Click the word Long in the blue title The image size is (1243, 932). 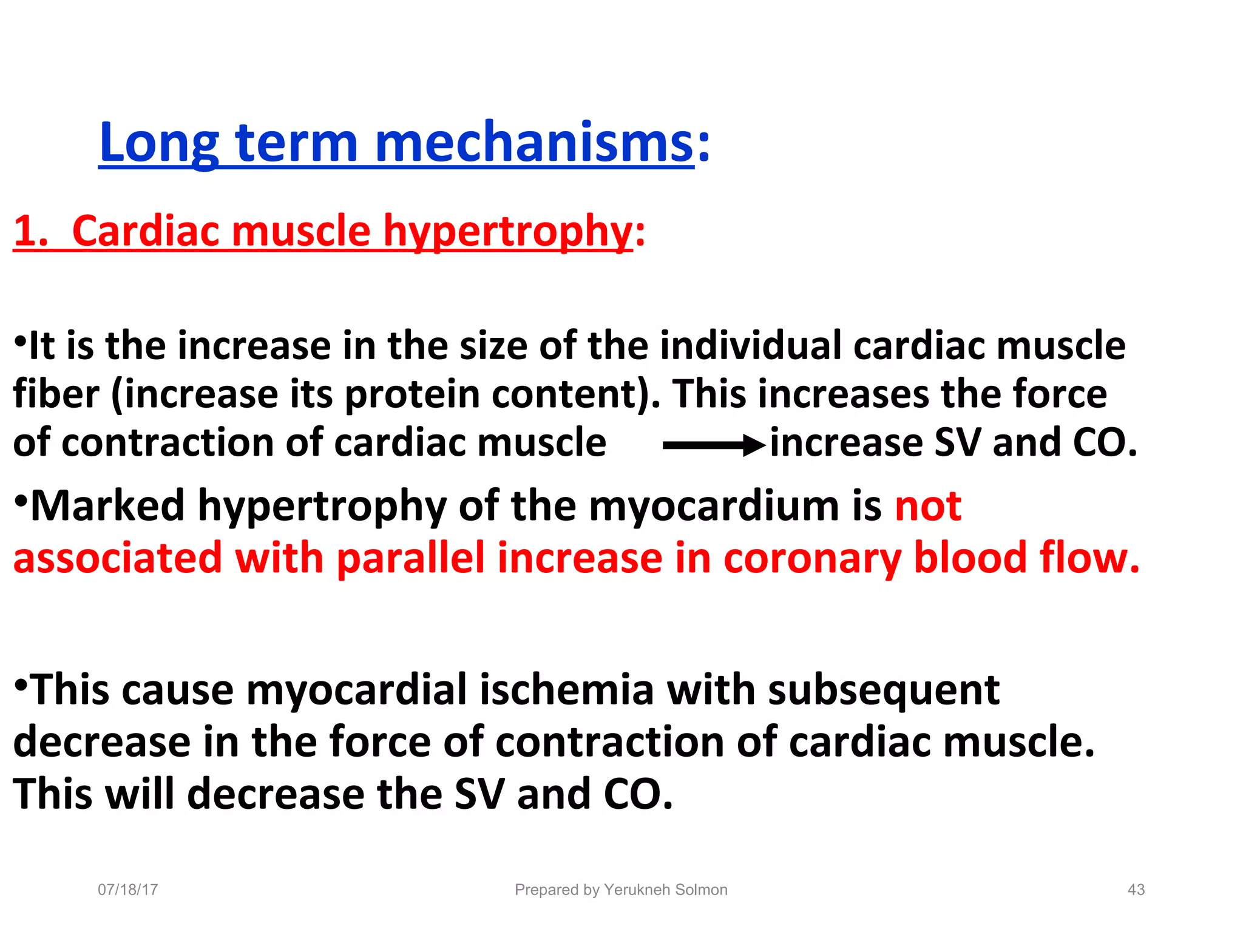pyautogui.click(x=159, y=143)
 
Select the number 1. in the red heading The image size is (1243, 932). pyautogui.click(x=30, y=231)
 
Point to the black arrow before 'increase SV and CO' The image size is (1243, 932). pyautogui.click(x=714, y=445)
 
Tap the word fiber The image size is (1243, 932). pyautogui.click(x=56, y=394)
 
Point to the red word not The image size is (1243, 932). pyautogui.click(x=928, y=506)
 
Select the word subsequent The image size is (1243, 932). pyautogui.click(x=884, y=691)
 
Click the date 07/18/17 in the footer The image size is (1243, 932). pyautogui.click(x=128, y=890)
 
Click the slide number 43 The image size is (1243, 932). pyautogui.click(x=1136, y=890)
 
